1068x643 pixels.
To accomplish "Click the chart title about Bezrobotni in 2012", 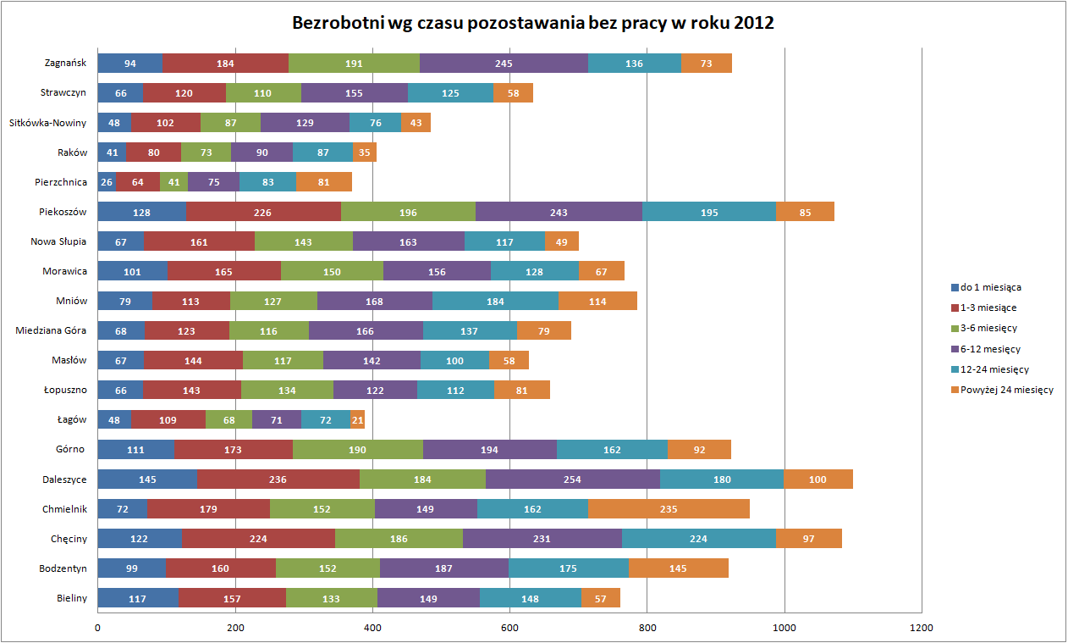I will coord(533,23).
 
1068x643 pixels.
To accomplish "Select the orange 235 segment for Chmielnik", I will coord(669,510).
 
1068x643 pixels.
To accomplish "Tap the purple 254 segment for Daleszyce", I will coord(572,479).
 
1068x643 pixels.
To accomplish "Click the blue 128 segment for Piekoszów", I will coord(141,212).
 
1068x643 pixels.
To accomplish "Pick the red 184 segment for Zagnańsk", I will coord(225,63).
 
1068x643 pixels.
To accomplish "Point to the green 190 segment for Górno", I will coord(357,449).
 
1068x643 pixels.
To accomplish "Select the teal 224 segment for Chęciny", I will coord(698,539).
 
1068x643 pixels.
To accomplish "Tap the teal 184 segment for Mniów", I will coord(495,301).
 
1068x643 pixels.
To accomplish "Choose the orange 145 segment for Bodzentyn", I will coord(678,568).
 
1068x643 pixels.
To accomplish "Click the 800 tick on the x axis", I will coord(647,628).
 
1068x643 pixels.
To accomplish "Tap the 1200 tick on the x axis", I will coord(922,628).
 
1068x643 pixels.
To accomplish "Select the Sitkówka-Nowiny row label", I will coord(48,123).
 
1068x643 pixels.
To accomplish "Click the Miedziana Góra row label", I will coord(51,330).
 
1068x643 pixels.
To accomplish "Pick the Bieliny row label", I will coord(72,598).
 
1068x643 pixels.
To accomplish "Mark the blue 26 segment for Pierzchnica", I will coord(107,181).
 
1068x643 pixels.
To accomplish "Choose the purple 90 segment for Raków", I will coord(261,152).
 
